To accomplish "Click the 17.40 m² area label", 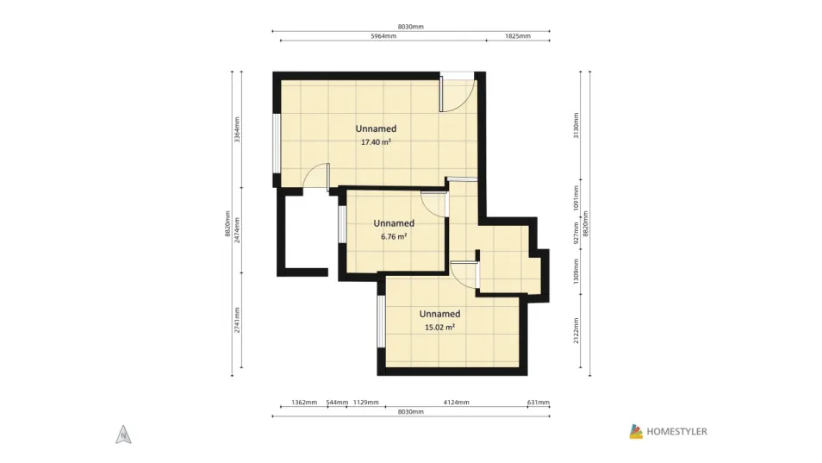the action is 376,142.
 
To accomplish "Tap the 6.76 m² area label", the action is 394,236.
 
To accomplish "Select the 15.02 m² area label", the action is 439,327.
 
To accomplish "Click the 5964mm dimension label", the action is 383,36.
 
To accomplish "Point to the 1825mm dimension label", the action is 518,36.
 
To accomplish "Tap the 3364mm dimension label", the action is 237,129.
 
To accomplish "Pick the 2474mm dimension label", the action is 237,230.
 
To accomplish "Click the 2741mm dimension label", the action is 237,320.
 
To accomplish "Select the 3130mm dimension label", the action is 576,125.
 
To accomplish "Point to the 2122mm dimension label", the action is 576,330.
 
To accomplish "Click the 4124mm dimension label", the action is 456,403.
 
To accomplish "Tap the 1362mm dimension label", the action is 304,403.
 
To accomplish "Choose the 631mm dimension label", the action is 539,403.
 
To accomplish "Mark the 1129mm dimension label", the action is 366,403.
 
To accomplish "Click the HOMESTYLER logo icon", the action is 636,432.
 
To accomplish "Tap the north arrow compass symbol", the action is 123,435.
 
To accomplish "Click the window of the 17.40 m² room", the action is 276,143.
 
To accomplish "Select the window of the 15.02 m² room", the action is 381,321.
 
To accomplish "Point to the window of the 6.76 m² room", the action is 341,224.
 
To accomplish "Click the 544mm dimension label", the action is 337,403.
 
